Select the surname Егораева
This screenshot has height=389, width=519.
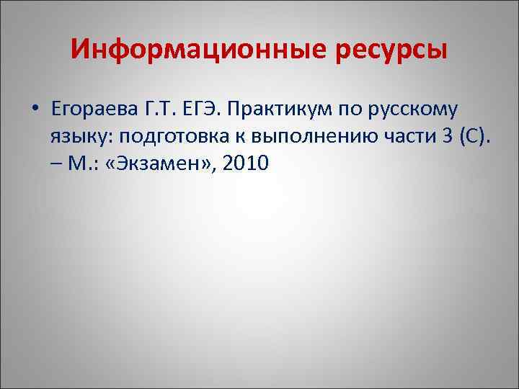click(x=86, y=109)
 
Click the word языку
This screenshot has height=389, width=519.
click(x=76, y=137)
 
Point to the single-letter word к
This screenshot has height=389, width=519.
click(x=226, y=137)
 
